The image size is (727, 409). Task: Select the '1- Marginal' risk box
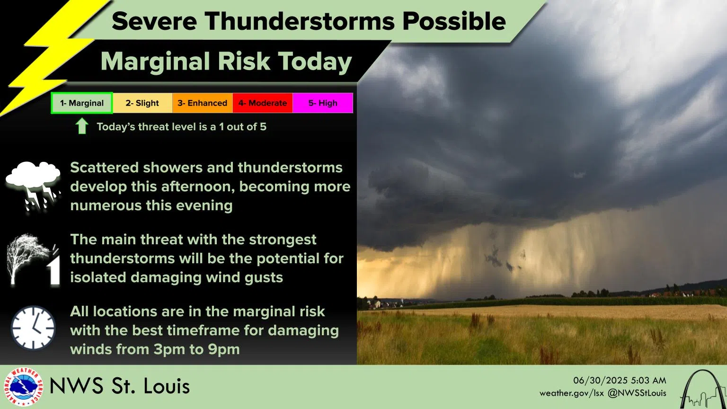(82, 103)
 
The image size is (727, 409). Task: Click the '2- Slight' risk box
(142, 103)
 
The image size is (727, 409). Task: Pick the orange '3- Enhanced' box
(203, 103)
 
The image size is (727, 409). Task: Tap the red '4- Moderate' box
(263, 103)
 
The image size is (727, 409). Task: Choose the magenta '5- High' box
(323, 103)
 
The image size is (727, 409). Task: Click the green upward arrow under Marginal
(82, 126)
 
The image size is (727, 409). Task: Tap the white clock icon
(33, 328)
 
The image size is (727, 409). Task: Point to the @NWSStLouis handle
(637, 393)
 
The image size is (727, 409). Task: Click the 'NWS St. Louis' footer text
(119, 386)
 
